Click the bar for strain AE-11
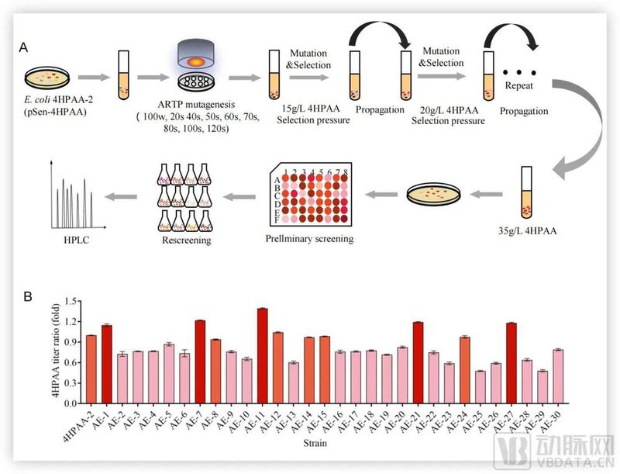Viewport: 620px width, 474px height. tap(262, 356)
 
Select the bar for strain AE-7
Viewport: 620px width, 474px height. tap(200, 362)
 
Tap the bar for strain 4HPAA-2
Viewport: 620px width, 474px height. tap(91, 369)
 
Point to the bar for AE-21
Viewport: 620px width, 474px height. tap(418, 362)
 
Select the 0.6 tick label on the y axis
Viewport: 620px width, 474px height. tap(71, 362)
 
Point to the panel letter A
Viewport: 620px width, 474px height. tap(24, 47)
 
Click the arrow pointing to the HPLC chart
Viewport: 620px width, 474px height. tap(125, 197)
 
